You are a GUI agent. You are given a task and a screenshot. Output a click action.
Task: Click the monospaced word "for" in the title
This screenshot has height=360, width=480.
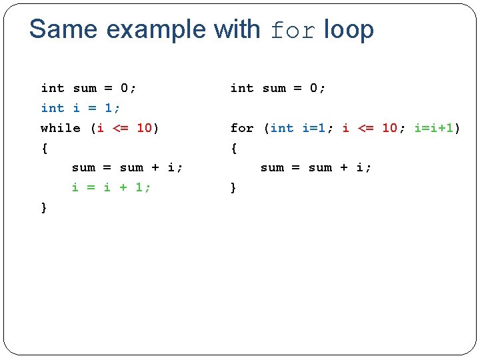293,31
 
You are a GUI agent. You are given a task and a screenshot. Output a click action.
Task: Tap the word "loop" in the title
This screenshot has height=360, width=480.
349,30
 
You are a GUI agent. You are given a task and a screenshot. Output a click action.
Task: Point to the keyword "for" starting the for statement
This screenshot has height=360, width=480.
242,128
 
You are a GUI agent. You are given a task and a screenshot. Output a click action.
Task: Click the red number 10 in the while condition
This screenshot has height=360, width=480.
144,128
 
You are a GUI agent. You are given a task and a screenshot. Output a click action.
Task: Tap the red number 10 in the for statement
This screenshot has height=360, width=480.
389,128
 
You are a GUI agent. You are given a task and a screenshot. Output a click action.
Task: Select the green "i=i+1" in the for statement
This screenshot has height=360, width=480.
434,128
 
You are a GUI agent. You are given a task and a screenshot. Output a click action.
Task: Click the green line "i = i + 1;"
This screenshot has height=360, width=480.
111,187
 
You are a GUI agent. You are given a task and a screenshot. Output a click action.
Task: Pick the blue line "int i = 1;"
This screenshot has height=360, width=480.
80,108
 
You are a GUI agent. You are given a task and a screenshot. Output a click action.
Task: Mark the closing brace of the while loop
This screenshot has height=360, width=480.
44,208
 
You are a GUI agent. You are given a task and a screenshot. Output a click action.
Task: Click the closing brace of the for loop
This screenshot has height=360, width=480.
233,188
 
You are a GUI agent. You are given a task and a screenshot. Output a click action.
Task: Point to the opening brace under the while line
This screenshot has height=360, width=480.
44,148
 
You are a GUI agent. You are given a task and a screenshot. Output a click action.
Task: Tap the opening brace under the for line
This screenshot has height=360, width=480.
233,148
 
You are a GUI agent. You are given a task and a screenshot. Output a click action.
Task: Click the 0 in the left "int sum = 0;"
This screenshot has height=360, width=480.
125,88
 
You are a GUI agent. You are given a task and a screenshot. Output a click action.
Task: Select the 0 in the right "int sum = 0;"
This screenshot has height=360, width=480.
314,88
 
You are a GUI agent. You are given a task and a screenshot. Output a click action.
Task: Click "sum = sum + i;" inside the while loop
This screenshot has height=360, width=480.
127,167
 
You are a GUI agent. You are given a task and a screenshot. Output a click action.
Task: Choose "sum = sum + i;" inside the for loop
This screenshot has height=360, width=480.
315,167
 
